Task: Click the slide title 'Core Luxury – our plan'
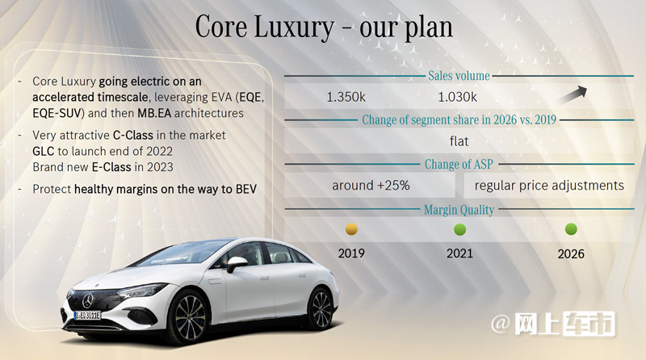pyautogui.click(x=324, y=27)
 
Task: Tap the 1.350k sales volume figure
pyautogui.click(x=346, y=97)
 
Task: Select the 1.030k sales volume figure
pyautogui.click(x=457, y=97)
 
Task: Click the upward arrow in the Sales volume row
pyautogui.click(x=573, y=95)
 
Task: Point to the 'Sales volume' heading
pyautogui.click(x=459, y=76)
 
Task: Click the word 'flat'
pyautogui.click(x=459, y=141)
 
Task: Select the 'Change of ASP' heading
pyautogui.click(x=459, y=165)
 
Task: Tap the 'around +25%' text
pyautogui.click(x=371, y=186)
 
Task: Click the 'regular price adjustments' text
pyautogui.click(x=549, y=186)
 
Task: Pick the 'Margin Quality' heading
pyautogui.click(x=459, y=210)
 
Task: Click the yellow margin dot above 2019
pyautogui.click(x=351, y=229)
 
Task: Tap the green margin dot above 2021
pyautogui.click(x=459, y=229)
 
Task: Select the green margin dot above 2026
pyautogui.click(x=571, y=229)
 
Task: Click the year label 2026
pyautogui.click(x=571, y=253)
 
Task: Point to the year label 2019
pyautogui.click(x=351, y=253)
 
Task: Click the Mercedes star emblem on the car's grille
pyautogui.click(x=88, y=301)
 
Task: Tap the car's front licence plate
pyautogui.click(x=87, y=316)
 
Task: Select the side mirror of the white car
pyautogui.click(x=236, y=264)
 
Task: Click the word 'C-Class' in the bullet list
pyautogui.click(x=133, y=135)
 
